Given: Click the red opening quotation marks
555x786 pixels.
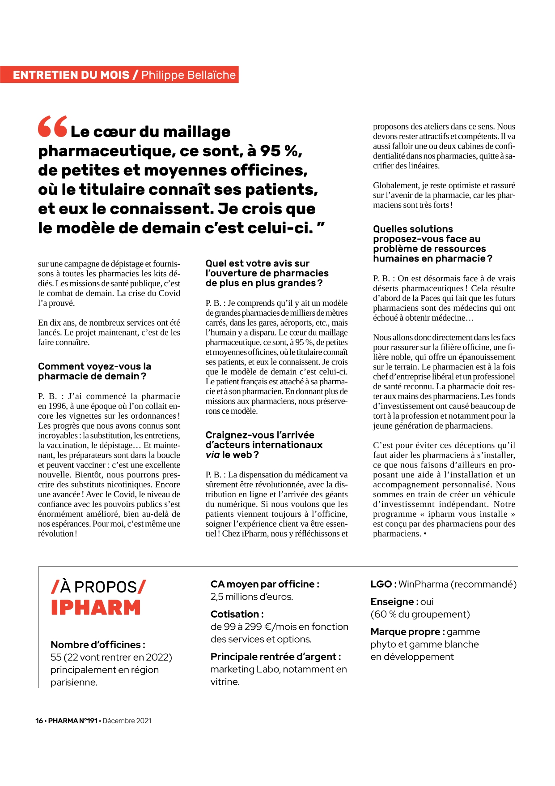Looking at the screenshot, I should point(52,127).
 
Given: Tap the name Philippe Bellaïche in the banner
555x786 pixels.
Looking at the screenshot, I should point(188,75).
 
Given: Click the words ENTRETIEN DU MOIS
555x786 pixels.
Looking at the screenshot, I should point(71,75).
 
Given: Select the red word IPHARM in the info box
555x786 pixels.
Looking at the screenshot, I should point(96,608).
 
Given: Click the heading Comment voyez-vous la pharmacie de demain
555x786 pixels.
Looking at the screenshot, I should point(94,371).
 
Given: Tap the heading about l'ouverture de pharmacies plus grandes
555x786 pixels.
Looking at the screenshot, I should point(267,273).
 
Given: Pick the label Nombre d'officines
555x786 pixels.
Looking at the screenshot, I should point(97,644).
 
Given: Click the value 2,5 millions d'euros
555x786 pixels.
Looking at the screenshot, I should point(251,597).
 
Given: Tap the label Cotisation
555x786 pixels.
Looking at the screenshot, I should point(237,614).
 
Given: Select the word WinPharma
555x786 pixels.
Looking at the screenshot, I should point(423,584).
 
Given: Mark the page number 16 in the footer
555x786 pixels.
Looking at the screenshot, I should point(39,721).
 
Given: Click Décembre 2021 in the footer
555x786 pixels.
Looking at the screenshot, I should point(127,721).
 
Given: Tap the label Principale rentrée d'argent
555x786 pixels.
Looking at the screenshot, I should point(275,657).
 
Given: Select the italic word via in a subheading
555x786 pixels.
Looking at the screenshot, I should point(212,455).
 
